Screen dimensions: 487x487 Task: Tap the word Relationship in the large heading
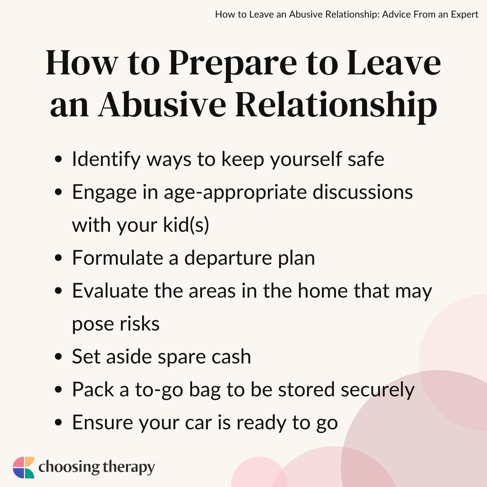[x=336, y=106]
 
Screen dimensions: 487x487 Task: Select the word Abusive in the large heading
[x=163, y=106]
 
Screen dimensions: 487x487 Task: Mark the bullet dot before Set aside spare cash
[x=58, y=357]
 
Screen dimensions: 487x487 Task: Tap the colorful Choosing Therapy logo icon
[x=23, y=468]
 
